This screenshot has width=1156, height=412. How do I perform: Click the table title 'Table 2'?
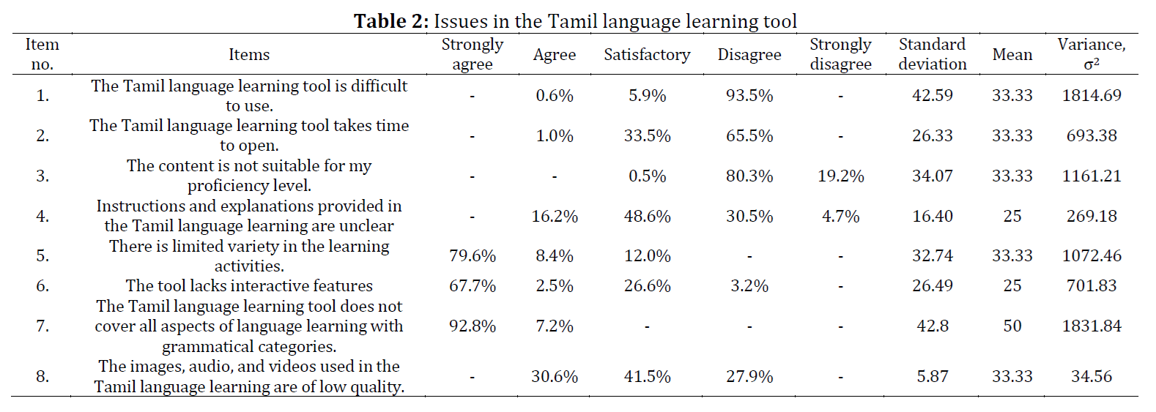pyautogui.click(x=390, y=21)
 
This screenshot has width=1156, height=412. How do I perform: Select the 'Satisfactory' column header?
pyautogui.click(x=647, y=55)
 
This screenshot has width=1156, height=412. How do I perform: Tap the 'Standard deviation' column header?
pyautogui.click(x=932, y=54)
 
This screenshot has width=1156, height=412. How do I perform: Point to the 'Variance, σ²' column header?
pyautogui.click(x=1091, y=54)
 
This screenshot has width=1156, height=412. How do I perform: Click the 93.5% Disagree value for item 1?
pyautogui.click(x=749, y=95)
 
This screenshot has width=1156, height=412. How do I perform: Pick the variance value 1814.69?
pyautogui.click(x=1091, y=95)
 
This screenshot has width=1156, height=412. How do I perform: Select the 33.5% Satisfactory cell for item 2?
pyautogui.click(x=647, y=135)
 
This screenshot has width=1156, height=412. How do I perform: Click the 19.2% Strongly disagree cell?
pyautogui.click(x=840, y=176)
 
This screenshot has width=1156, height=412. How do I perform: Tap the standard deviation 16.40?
pyautogui.click(x=932, y=216)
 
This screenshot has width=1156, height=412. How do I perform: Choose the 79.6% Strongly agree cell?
pyautogui.click(x=472, y=255)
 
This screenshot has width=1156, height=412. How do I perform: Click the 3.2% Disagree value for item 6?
pyautogui.click(x=749, y=285)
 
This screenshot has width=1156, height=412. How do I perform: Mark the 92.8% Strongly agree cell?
pyautogui.click(x=472, y=326)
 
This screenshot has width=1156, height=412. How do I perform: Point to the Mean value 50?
pyautogui.click(x=1012, y=326)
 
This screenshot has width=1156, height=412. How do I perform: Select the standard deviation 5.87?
pyautogui.click(x=932, y=376)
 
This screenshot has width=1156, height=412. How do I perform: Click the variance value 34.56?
pyautogui.click(x=1091, y=376)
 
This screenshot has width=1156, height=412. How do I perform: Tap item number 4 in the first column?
pyautogui.click(x=42, y=216)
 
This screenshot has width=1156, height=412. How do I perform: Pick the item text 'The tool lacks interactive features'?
pyautogui.click(x=249, y=285)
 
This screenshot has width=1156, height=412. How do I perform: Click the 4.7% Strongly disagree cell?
pyautogui.click(x=840, y=216)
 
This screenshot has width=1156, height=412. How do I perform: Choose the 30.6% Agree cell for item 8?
pyautogui.click(x=554, y=376)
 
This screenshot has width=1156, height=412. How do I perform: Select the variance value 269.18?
pyautogui.click(x=1091, y=216)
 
